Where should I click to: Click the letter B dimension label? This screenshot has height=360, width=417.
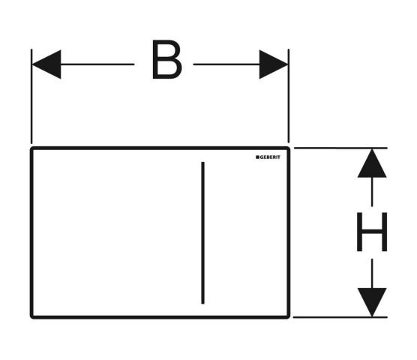(167, 59)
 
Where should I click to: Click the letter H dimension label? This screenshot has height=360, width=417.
(372, 232)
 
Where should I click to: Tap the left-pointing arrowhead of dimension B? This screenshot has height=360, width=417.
(46, 64)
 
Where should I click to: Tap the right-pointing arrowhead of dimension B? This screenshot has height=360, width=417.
(274, 64)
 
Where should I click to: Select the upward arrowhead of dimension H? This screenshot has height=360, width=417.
(372, 163)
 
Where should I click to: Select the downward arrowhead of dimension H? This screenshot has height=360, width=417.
(372, 302)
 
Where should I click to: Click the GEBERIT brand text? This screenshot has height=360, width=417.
(270, 157)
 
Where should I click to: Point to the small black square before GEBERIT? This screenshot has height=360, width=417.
(257, 157)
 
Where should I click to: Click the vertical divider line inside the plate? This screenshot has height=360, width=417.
(203, 232)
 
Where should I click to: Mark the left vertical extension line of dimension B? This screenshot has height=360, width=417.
(31, 96)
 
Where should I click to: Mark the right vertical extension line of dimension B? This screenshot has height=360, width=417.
(289, 96)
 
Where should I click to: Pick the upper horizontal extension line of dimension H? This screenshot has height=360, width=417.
(340, 148)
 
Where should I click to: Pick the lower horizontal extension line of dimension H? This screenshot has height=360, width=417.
(340, 317)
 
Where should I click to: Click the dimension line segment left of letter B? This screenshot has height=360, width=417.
(97, 64)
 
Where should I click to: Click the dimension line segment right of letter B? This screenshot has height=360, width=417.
(226, 64)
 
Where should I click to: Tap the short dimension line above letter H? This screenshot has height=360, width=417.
(372, 192)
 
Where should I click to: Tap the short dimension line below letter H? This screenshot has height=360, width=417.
(372, 273)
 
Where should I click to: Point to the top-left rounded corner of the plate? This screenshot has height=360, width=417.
(31, 148)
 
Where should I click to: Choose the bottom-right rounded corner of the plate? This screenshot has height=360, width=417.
(288, 317)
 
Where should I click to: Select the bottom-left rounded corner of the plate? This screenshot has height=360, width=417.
(31, 317)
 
